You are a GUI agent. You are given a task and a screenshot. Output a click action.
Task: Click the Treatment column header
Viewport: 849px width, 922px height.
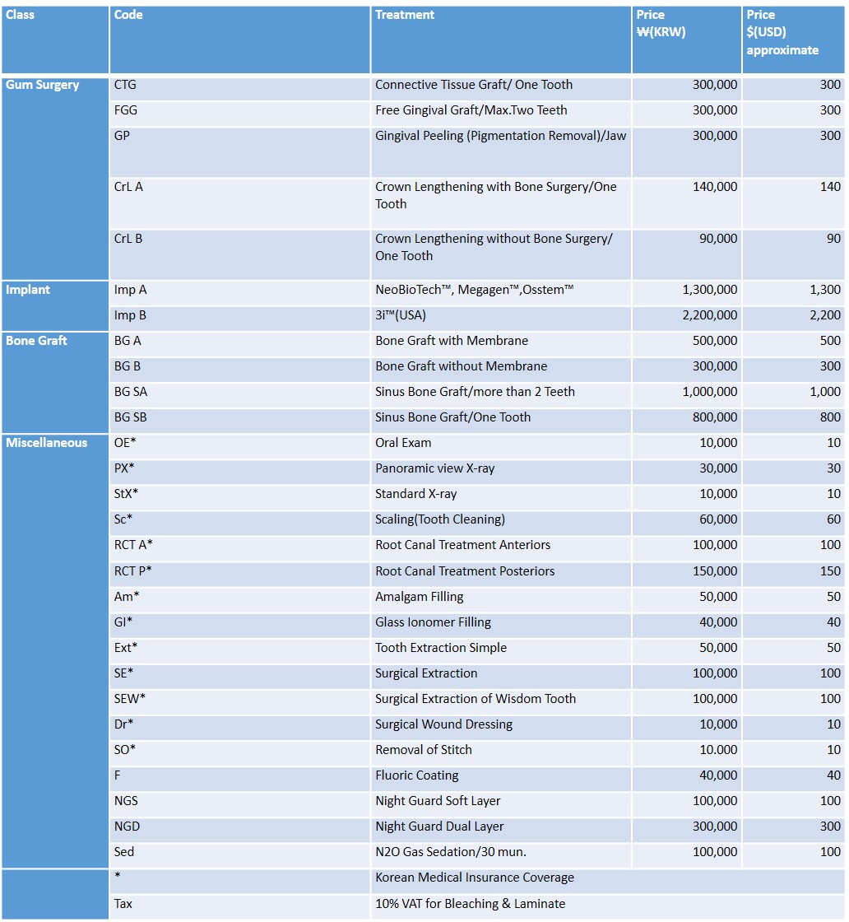coord(405,15)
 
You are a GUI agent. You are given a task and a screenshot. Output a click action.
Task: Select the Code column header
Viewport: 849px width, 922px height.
coord(128,15)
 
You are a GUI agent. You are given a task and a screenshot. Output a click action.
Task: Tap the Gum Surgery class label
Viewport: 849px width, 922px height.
coord(43,85)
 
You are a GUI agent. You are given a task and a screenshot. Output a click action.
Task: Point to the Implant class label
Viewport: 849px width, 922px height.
coord(28,290)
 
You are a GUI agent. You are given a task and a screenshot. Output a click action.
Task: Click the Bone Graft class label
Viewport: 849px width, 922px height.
coord(37,341)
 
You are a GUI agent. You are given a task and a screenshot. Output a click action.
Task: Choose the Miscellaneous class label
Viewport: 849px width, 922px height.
coord(47,443)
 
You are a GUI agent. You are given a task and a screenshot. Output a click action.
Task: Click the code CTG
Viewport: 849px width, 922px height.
coord(126,85)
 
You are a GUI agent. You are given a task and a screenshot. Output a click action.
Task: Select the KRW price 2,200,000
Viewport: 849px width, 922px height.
coord(710,315)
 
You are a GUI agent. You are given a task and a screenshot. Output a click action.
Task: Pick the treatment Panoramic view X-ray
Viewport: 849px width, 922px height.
coord(435,468)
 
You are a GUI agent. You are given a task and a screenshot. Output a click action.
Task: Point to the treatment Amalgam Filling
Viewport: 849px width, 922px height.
coord(420,597)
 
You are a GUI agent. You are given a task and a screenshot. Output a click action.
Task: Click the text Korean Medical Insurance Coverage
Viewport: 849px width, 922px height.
coord(475,878)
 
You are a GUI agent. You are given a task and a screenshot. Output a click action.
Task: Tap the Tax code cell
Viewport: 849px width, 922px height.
coord(123,904)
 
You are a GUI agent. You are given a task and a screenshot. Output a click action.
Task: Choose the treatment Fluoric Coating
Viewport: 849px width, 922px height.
coord(417,775)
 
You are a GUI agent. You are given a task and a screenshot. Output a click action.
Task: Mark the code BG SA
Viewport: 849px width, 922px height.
coord(131,392)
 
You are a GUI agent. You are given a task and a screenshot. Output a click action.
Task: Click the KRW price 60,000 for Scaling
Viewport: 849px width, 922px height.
coord(718,519)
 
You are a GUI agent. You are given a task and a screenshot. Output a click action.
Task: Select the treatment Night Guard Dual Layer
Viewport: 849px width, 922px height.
coord(439,827)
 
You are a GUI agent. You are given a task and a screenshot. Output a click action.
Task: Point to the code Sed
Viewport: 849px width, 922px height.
coord(124,852)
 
